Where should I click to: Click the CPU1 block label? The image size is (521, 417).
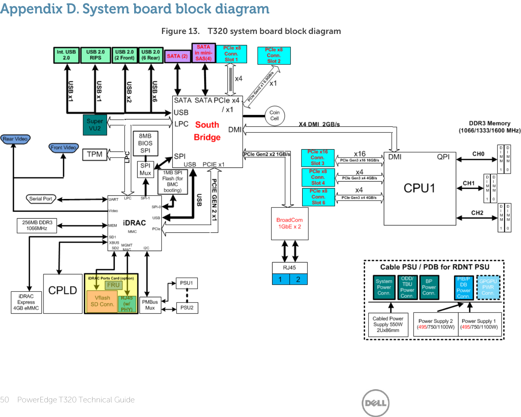[419, 188]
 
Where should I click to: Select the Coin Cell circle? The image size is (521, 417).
[274, 116]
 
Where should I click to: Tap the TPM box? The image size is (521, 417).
[95, 155]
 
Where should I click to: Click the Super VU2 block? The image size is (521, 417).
[95, 125]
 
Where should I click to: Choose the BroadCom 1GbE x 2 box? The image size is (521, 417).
[289, 224]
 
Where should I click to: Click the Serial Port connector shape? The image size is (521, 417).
[41, 199]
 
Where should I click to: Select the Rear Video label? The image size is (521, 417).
[15, 139]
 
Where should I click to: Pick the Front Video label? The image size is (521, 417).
[64, 148]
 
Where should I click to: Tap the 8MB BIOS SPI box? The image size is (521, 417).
[145, 143]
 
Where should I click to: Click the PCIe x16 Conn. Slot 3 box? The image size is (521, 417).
[317, 158]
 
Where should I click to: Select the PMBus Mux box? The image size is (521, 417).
[150, 305]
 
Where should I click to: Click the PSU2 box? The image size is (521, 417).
[187, 308]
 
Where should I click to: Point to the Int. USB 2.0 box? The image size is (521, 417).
[66, 55]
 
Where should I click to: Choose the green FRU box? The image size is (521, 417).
[113, 285]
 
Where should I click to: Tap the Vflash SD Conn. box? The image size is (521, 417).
[102, 301]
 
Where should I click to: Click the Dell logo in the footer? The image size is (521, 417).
[375, 403]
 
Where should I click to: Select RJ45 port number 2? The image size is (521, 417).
[298, 279]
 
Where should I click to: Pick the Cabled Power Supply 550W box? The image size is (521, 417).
[388, 324]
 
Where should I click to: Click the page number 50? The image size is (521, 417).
[5, 400]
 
